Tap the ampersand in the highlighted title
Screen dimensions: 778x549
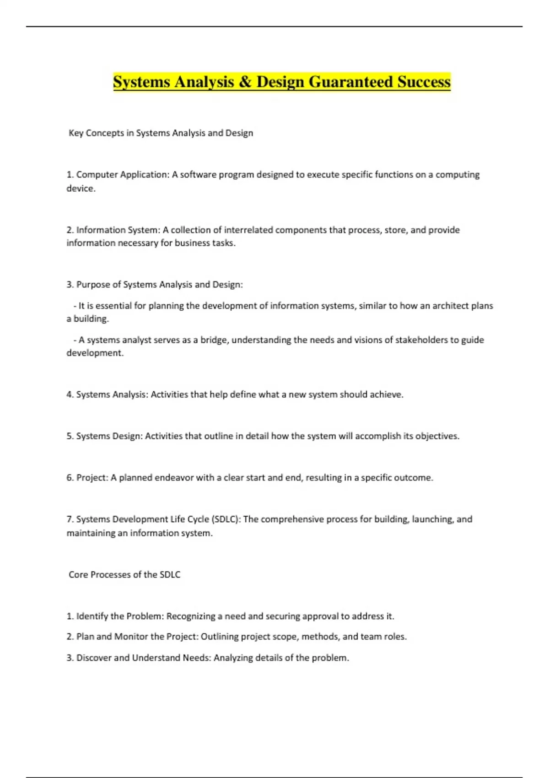click(x=245, y=82)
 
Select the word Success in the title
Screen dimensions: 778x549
click(x=424, y=82)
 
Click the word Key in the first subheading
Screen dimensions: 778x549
click(x=76, y=133)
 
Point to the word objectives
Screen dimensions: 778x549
click(x=437, y=436)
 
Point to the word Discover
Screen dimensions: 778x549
click(x=93, y=658)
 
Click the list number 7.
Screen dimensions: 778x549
click(x=70, y=519)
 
